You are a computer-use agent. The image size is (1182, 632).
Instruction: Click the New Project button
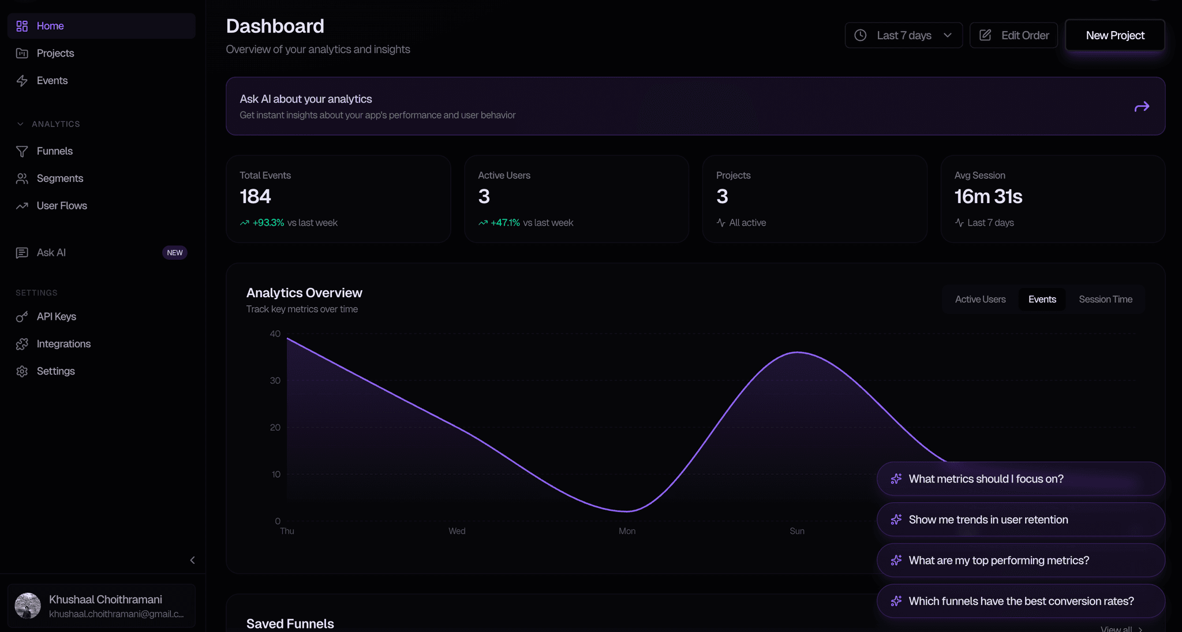tap(1114, 35)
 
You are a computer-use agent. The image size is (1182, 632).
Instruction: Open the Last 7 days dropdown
tap(903, 35)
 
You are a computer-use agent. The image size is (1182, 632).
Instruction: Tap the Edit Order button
tap(1013, 35)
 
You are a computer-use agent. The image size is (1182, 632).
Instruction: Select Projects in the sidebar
tap(55, 53)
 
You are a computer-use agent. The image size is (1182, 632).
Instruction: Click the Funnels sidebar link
tap(55, 151)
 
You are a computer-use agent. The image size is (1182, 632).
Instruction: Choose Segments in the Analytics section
tap(60, 178)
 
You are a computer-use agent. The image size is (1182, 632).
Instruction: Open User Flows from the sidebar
tap(62, 205)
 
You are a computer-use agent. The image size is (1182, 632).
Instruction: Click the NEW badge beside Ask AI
tap(174, 253)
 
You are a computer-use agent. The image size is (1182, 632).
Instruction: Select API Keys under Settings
tap(57, 316)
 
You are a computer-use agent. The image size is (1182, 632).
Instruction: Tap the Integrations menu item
tap(63, 344)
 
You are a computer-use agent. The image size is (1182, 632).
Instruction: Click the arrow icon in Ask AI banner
tap(1142, 107)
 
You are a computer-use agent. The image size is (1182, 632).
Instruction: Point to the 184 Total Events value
tap(255, 197)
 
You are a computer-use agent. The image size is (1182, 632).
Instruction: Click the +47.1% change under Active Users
tap(505, 223)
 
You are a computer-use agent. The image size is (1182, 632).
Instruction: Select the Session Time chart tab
tap(1105, 299)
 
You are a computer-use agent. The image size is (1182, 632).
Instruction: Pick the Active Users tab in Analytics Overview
tap(980, 299)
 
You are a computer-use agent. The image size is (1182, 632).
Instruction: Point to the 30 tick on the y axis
tap(275, 380)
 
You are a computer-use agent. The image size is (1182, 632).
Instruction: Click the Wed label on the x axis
tap(457, 531)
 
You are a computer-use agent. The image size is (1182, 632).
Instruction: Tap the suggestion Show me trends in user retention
tap(988, 519)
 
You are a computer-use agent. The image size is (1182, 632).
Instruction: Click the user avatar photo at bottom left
tap(28, 605)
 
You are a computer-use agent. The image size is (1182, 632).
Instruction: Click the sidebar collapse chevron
tap(192, 560)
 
